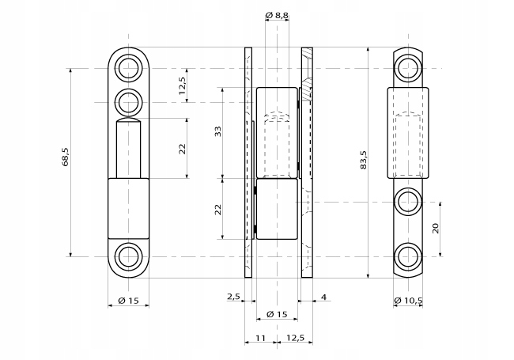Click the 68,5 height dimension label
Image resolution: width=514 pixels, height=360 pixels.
pyautogui.click(x=66, y=158)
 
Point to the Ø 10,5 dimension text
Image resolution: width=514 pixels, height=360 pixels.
pyautogui.click(x=409, y=301)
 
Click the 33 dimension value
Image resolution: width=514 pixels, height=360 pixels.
pyautogui.click(x=218, y=131)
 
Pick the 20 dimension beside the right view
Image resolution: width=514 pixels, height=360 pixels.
pyautogui.click(x=435, y=229)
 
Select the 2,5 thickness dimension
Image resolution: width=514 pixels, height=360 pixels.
pyautogui.click(x=233, y=297)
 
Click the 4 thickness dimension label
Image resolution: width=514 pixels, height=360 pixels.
pyautogui.click(x=325, y=297)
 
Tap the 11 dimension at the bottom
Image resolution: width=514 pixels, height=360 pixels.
pyautogui.click(x=260, y=338)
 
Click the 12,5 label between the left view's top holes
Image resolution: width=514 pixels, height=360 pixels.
pyautogui.click(x=183, y=85)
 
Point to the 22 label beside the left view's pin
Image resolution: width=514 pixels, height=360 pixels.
pyautogui.click(x=183, y=148)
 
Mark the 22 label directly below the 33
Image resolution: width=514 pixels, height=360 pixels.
pyautogui.click(x=218, y=209)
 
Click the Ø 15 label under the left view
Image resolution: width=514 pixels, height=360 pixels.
pyautogui.click(x=127, y=301)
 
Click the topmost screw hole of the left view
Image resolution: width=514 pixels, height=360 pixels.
pyautogui.click(x=127, y=67)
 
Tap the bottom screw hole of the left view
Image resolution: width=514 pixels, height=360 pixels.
pyautogui.click(x=127, y=256)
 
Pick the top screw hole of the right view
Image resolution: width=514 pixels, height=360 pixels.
pyautogui.click(x=409, y=67)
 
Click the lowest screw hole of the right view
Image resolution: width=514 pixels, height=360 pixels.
pyautogui.click(x=409, y=256)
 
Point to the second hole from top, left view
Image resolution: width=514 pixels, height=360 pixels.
pyautogui.click(x=127, y=102)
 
